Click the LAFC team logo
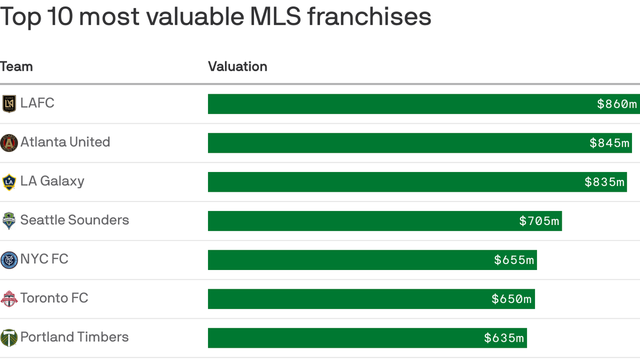9,104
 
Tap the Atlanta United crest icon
9,142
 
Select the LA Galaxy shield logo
9,182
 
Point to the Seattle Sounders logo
9,221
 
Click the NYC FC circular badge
9,260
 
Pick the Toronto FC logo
9,299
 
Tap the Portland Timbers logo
9,337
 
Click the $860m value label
617,104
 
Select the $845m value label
610,143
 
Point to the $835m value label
605,182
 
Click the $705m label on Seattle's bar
539,221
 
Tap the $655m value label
514,260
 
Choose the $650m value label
512,299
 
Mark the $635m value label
504,337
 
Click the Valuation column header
238,67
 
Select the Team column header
16,67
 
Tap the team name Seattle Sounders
74,220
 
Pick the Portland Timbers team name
74,337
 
